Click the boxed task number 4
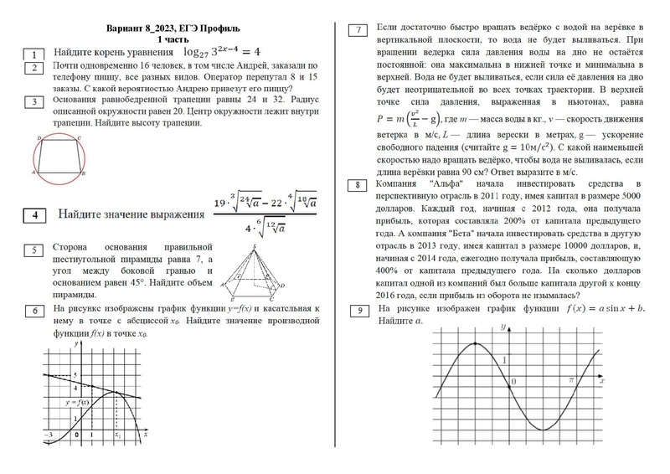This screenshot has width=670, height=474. pyautogui.click(x=34, y=215)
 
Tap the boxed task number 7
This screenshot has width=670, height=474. pyautogui.click(x=358, y=31)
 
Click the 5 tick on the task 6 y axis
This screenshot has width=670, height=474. pyautogui.click(x=77, y=374)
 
